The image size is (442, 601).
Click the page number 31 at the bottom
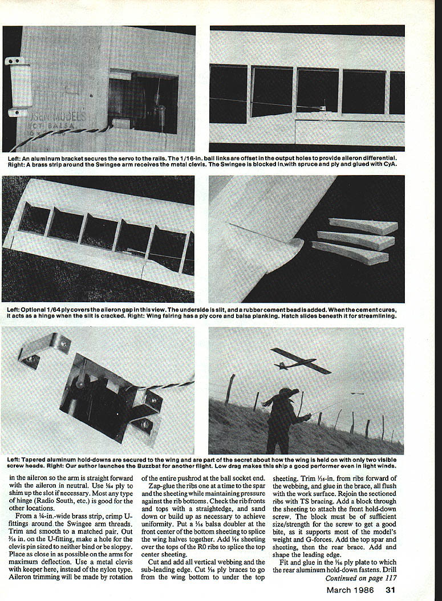click(x=390, y=590)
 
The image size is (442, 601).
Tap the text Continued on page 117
click(x=360, y=578)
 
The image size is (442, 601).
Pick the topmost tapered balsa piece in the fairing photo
click(x=364, y=226)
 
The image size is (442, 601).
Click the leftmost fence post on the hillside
click(x=229, y=389)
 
